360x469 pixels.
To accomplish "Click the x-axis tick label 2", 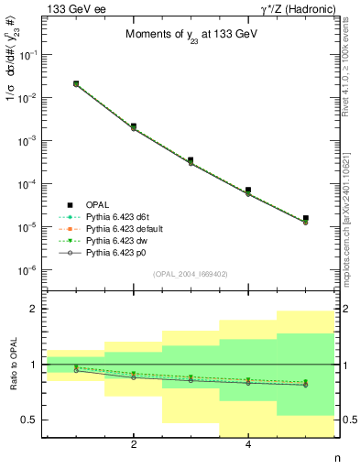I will coord(134,445).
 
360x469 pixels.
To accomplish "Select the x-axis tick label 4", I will coord(248,445).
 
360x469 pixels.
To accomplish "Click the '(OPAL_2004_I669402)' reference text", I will coord(190,273).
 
